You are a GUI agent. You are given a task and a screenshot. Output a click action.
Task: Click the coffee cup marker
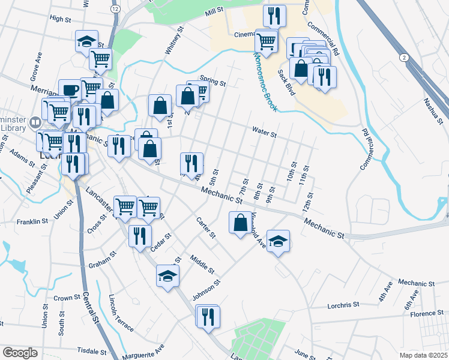(70, 91)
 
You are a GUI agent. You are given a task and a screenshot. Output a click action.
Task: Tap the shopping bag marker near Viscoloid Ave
(240, 223)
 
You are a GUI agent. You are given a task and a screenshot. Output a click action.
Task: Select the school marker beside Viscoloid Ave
(279, 241)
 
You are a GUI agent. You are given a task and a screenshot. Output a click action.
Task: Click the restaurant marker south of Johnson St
(208, 316)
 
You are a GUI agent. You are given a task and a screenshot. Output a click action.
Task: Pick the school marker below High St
(87, 42)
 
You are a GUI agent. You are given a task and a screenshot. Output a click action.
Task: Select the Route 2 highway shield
(404, 56)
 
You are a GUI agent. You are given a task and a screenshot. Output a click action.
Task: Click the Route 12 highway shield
(115, 10)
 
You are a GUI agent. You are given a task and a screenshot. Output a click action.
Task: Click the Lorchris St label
(343, 305)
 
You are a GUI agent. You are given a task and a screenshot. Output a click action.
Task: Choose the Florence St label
(427, 314)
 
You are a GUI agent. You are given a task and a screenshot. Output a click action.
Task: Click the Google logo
(20, 352)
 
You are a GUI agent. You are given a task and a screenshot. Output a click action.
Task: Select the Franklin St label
(32, 221)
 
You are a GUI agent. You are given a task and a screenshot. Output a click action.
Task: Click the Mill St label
(213, 12)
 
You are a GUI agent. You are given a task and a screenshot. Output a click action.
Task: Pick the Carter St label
(206, 227)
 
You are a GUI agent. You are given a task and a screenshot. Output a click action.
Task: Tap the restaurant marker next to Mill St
(274, 16)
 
